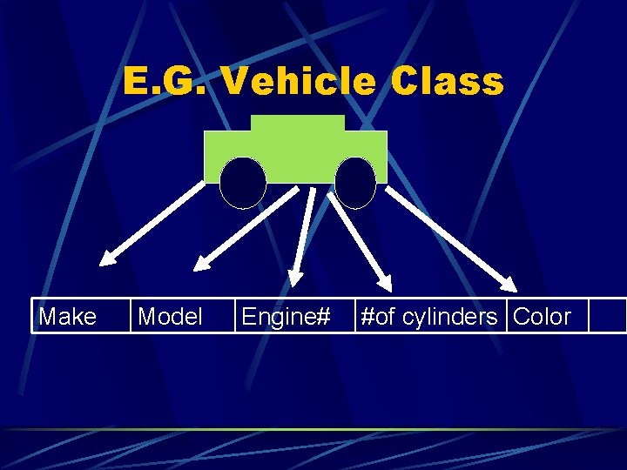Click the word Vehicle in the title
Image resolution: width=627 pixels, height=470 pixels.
[298, 82]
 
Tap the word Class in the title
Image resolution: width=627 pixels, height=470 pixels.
[448, 82]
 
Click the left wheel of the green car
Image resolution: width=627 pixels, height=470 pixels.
[242, 183]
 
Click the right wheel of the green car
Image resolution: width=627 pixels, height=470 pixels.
[354, 183]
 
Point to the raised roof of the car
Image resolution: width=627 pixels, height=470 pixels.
[298, 124]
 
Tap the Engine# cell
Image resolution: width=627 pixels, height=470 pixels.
[286, 317]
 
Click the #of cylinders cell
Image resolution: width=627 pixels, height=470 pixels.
[428, 317]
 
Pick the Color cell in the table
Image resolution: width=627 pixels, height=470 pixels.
[543, 317]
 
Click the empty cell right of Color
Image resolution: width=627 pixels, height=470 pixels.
[607, 317]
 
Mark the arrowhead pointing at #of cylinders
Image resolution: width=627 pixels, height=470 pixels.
[383, 280]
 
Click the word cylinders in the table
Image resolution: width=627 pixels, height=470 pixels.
[449, 317]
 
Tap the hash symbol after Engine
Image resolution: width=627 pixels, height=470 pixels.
[323, 317]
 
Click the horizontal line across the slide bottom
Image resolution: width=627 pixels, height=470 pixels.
[313, 429]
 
